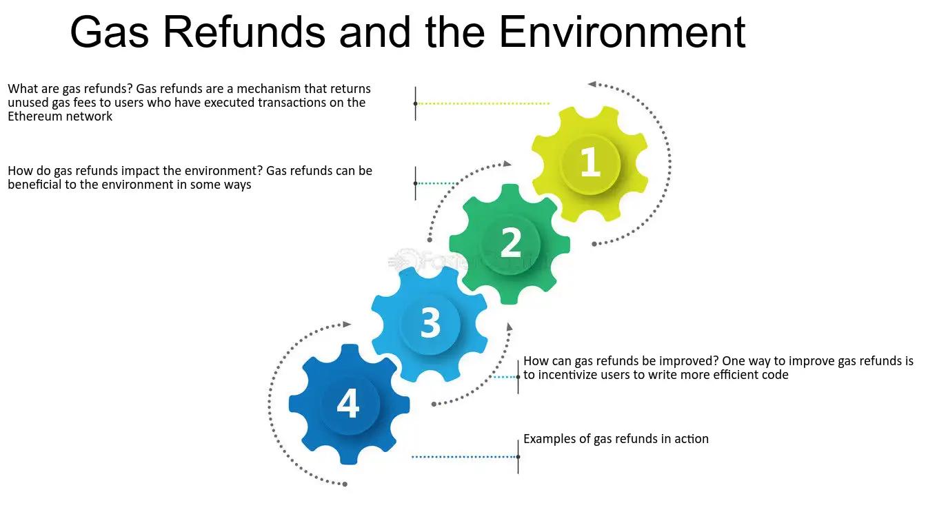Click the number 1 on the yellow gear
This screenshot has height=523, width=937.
[590, 163]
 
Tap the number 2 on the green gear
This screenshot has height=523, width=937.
[510, 243]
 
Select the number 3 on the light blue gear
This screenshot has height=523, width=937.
[430, 322]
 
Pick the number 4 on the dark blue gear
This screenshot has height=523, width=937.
[348, 403]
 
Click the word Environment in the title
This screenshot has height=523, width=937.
[622, 32]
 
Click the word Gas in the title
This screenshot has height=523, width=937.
[108, 32]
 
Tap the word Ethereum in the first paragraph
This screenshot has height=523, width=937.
[34, 116]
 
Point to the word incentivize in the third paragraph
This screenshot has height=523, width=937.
[569, 375]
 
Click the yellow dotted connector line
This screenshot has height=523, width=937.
[483, 103]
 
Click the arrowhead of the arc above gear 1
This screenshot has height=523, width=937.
[592, 84]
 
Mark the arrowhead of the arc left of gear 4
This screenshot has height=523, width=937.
[347, 324]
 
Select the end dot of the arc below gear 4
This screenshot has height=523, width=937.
[345, 484]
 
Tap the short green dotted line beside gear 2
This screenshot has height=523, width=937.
[436, 183]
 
